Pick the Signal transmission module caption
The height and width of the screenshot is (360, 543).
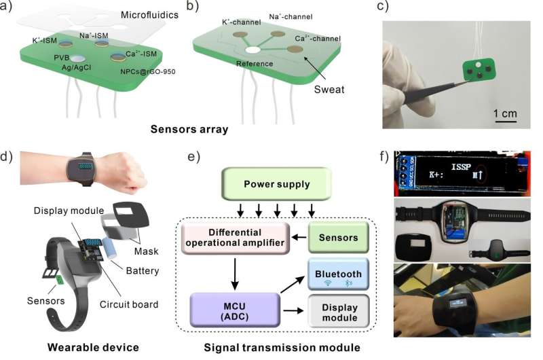pyautogui.click(x=282, y=348)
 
